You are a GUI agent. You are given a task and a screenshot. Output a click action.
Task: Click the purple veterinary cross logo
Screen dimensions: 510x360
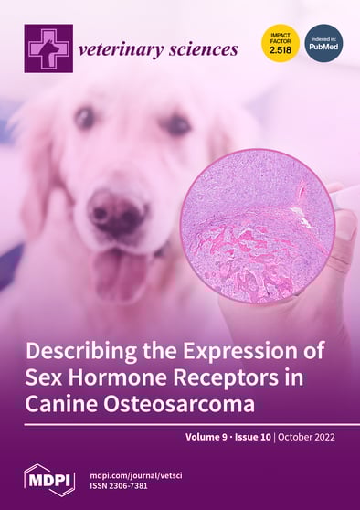[x=48, y=48]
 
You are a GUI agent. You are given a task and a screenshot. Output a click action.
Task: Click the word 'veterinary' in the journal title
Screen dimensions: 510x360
[x=119, y=49]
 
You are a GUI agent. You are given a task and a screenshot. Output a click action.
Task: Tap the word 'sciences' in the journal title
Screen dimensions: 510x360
[x=202, y=49]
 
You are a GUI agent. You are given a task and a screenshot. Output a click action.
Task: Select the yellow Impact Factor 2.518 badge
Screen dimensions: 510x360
[x=281, y=42]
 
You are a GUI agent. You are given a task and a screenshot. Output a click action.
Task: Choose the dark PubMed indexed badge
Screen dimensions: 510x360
[x=323, y=42]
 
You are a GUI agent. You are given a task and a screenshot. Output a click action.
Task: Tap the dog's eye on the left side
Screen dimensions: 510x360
[x=85, y=117]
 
